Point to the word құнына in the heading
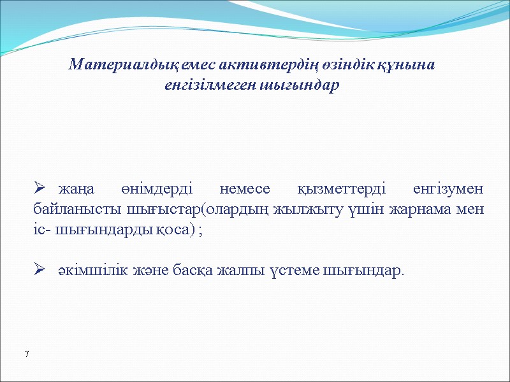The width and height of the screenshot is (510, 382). pos(401,66)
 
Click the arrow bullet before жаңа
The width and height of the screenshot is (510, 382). pos(38,190)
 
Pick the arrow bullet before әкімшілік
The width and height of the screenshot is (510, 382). pos(38,271)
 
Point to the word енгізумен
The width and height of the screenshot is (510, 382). pos(448,190)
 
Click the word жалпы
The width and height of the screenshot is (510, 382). pos(242,271)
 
